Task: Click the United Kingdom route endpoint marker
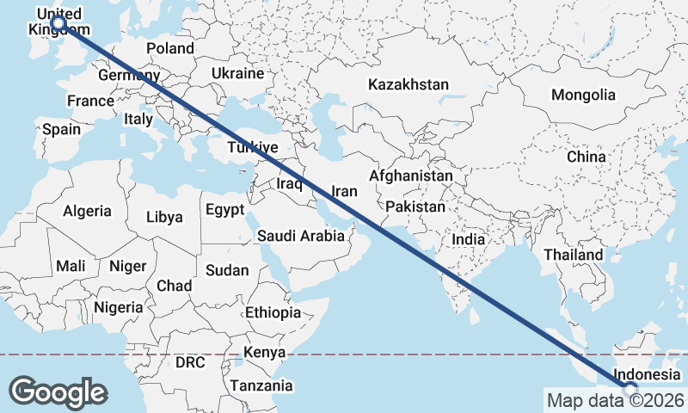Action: click(x=59, y=23)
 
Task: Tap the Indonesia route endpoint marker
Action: click(x=632, y=390)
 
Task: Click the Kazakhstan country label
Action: click(x=408, y=84)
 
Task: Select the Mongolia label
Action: click(x=584, y=95)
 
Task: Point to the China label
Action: click(x=587, y=157)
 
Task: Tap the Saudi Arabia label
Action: click(x=301, y=236)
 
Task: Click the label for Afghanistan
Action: click(x=410, y=176)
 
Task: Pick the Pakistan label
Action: click(x=415, y=206)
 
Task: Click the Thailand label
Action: click(x=573, y=255)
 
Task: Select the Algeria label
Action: click(x=87, y=210)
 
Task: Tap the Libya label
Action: click(x=164, y=217)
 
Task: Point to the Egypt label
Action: click(x=225, y=209)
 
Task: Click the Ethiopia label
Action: click(x=273, y=312)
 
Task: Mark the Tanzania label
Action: click(x=267, y=386)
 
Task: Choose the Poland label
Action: click(x=170, y=48)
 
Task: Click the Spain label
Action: click(x=61, y=130)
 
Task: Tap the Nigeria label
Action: click(x=118, y=307)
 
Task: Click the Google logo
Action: click(x=58, y=391)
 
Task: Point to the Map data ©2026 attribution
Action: click(x=616, y=400)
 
